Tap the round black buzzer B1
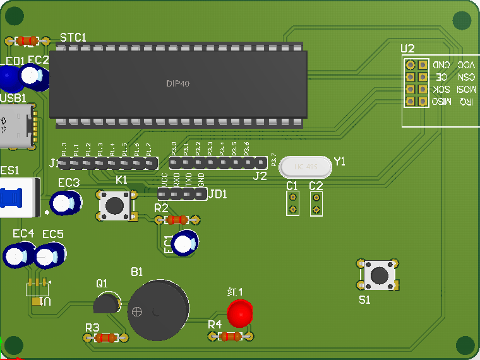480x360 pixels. coord(158,311)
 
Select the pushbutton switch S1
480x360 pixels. coord(378,275)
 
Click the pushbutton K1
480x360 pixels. coord(116,205)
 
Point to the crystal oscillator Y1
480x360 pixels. coord(304,167)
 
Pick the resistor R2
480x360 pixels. coord(176,220)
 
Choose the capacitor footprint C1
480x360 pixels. coord(292,203)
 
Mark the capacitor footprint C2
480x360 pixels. coord(316,203)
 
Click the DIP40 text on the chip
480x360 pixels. coord(178,83)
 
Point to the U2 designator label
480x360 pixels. coord(408,49)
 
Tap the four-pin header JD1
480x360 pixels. coord(182,194)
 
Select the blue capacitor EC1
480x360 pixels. coord(185,243)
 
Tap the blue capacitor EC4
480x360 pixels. coord(18,255)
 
